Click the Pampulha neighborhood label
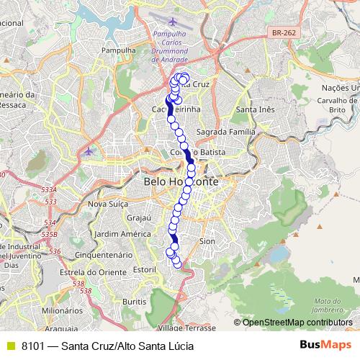pyautogui.click(x=119, y=50)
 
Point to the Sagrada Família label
pyautogui.click(x=225, y=132)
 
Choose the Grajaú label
pyautogui.click(x=137, y=217)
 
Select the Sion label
pyautogui.click(x=207, y=240)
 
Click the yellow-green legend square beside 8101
pyautogui.click(x=9, y=346)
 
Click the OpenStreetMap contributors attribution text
pyautogui.click(x=297, y=322)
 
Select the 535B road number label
pyautogui.click(x=50, y=234)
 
